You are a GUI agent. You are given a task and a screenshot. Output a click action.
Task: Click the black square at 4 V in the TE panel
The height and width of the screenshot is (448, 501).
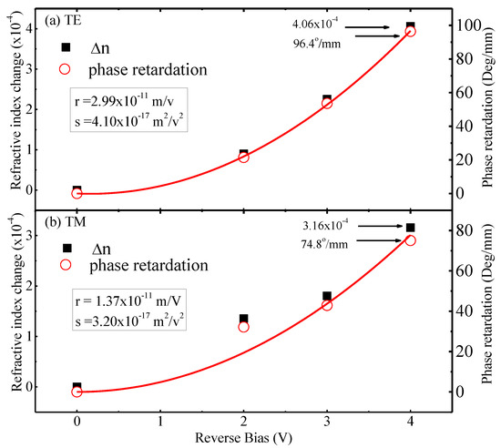tap(410, 25)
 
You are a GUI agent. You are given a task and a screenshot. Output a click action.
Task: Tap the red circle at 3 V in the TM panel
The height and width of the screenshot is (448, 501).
tap(327, 305)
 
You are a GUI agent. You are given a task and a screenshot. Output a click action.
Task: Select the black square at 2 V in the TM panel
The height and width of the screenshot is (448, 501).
tap(243, 319)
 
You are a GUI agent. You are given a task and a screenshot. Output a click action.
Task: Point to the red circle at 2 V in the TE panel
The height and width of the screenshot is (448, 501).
tap(243, 158)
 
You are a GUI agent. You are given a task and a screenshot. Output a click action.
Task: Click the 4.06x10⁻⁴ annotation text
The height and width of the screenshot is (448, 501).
tap(315, 24)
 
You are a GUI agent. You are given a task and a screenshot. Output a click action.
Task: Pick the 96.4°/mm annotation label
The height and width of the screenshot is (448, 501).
tap(317, 43)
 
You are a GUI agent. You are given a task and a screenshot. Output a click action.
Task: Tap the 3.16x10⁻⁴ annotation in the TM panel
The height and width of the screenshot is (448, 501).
tap(325, 225)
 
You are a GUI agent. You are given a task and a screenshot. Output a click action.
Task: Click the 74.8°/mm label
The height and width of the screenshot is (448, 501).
tap(324, 244)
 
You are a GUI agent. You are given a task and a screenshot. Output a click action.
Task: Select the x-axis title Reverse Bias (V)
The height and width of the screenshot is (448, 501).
tap(243, 438)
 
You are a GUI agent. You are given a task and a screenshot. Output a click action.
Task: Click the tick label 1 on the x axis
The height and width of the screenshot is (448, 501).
tap(160, 422)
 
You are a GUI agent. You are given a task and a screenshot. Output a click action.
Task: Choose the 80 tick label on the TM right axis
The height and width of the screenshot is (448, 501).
tap(464, 230)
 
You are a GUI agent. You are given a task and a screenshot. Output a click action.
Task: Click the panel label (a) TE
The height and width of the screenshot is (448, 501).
tap(63, 20)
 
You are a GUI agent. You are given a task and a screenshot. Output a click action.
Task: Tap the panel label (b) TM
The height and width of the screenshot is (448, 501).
tap(66, 222)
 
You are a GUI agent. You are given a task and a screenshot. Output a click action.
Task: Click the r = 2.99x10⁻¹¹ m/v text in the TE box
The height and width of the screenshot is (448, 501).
tap(125, 100)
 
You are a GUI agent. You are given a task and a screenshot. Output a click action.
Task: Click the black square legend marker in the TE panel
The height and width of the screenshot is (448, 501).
tap(66, 47)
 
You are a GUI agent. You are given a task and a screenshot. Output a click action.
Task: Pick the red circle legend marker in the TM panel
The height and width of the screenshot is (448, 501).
tap(66, 265)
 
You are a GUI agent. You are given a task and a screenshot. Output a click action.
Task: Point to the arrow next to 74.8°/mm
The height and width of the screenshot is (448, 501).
tap(379, 240)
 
